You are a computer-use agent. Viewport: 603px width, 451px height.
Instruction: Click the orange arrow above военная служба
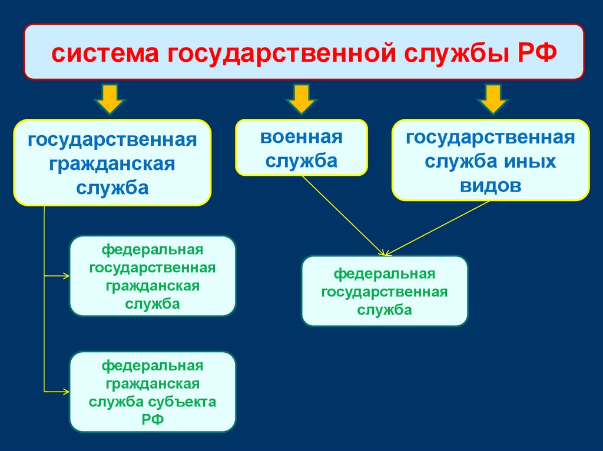click(x=301, y=98)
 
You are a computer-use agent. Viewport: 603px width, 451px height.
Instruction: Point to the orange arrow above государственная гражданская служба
click(x=111, y=98)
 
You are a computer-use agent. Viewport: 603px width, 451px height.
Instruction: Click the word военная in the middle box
click(x=301, y=138)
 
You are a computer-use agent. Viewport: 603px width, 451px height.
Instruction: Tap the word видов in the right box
click(x=491, y=185)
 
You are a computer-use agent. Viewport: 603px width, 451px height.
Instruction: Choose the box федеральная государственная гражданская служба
click(x=153, y=276)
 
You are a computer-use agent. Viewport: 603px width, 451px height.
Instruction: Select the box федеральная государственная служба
click(x=385, y=290)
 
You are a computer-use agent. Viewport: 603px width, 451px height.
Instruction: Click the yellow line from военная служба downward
click(x=342, y=215)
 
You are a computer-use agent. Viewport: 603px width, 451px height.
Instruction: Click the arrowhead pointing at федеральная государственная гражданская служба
click(x=67, y=275)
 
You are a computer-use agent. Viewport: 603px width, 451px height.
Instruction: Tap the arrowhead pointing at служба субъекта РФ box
click(x=67, y=391)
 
